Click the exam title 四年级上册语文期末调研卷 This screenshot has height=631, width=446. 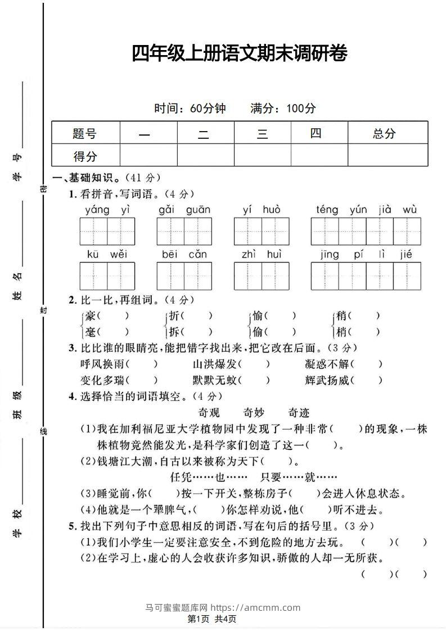[x=239, y=54]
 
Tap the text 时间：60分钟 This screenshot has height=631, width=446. [x=190, y=109]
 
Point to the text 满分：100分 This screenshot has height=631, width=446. [x=283, y=109]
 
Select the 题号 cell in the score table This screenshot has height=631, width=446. [x=85, y=133]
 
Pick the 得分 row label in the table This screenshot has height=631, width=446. [x=85, y=156]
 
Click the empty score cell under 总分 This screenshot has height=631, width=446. [x=388, y=155]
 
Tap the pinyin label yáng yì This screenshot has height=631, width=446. [x=107, y=210]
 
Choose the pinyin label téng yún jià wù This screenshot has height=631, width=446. [x=366, y=210]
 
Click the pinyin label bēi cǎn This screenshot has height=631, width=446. [x=184, y=254]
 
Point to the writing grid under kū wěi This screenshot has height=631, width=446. [x=107, y=276]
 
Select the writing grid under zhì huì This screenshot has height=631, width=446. [x=262, y=276]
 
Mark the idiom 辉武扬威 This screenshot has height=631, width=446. [x=327, y=380]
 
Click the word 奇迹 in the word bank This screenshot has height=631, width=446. [x=299, y=412]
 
